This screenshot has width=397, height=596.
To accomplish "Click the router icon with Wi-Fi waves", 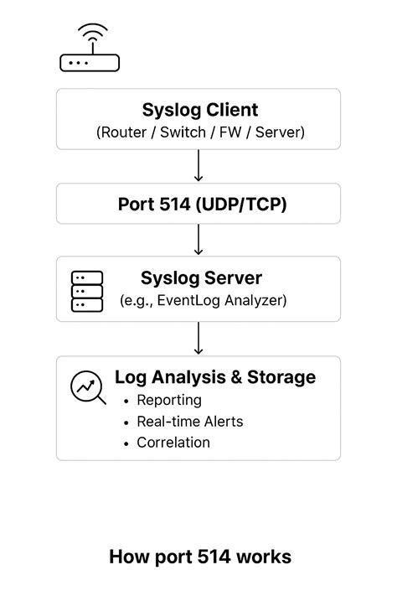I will pos(90,49).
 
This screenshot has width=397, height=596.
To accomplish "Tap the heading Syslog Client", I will pos(199,110).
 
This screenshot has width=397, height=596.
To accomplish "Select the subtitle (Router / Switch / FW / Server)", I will pos(199,132).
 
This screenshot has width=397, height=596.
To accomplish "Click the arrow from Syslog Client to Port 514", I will pos(198,166).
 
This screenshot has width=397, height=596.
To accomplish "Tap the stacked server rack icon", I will pos(87,290).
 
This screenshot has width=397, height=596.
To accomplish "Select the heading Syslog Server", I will pos(201,277).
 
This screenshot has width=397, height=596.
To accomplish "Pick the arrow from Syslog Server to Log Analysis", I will pos(198,339).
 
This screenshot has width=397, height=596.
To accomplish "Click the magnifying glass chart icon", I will pos(88,387).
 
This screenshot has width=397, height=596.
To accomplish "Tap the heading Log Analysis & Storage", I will pos(215,377).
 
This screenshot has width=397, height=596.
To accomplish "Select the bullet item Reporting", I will pos(168,400).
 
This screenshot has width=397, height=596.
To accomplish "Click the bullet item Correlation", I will pos(173,443).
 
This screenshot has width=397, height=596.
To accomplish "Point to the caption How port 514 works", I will pos(199,557).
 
